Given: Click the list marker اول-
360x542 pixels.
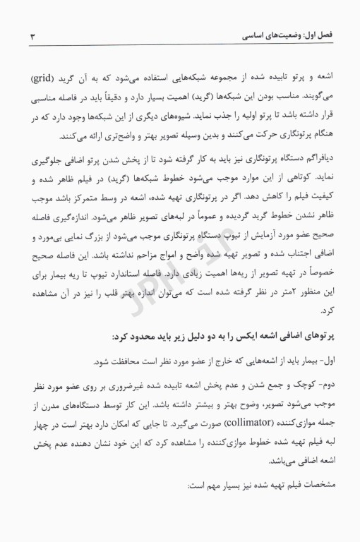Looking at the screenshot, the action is point(321,361).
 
